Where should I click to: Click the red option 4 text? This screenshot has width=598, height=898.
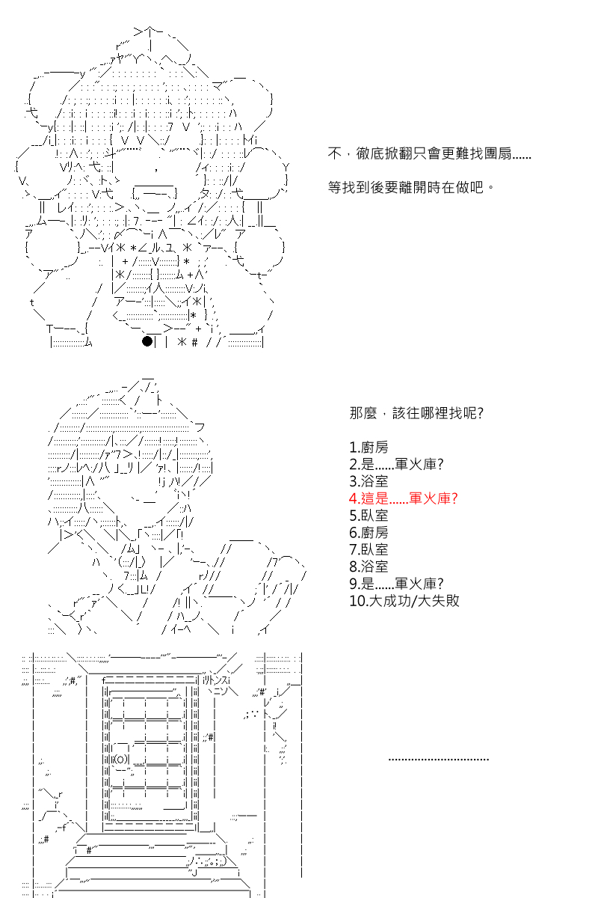click(x=403, y=498)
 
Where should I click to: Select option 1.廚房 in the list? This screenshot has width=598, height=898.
click(x=369, y=447)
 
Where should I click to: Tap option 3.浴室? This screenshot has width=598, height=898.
click(x=369, y=481)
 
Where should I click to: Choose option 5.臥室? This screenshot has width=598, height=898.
click(x=369, y=515)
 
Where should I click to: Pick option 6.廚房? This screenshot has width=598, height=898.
click(x=369, y=532)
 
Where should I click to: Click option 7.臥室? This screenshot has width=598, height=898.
click(x=369, y=549)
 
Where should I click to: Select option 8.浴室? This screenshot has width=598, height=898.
click(x=369, y=566)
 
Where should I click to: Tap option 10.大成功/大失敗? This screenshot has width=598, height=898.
click(x=404, y=600)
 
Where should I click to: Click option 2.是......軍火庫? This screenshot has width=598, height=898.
click(x=396, y=464)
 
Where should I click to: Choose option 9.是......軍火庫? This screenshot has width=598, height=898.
click(x=396, y=583)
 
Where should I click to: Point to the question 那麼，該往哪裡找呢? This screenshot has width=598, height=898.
click(x=416, y=413)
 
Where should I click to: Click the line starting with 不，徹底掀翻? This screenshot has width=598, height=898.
click(x=429, y=153)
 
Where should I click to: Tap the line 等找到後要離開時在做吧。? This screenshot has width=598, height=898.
click(x=411, y=187)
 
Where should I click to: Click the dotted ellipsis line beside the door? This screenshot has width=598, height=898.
click(x=439, y=760)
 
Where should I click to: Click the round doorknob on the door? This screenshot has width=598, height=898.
click(x=122, y=759)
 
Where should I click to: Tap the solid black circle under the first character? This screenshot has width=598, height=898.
click(x=147, y=341)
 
